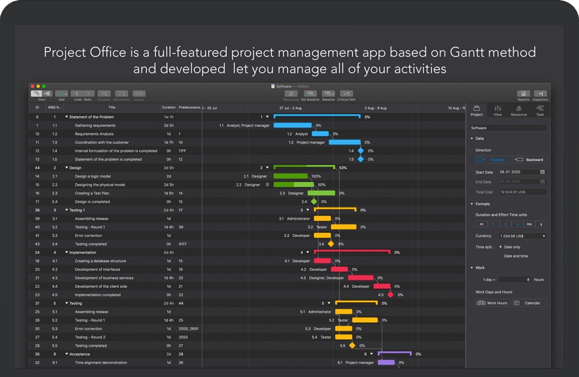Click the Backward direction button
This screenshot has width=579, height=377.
coord(530,159)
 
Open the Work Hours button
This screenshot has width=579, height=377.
coord(493,303)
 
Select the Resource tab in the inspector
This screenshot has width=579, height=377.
coord(518,111)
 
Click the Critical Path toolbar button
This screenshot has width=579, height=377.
coord(346,95)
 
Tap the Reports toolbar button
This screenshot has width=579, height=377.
coord(523,95)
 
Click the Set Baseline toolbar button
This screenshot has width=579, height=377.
coord(310,95)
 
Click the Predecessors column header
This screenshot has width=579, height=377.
coord(189,108)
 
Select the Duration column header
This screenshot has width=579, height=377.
coord(169,108)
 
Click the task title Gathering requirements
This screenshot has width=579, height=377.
coord(95,125)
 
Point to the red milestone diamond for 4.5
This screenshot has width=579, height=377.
coord(390,294)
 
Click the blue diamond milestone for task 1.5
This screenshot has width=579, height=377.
coord(360,159)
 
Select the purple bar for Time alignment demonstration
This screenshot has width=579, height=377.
coord(386,362)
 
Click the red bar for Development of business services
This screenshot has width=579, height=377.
coord(360,278)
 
